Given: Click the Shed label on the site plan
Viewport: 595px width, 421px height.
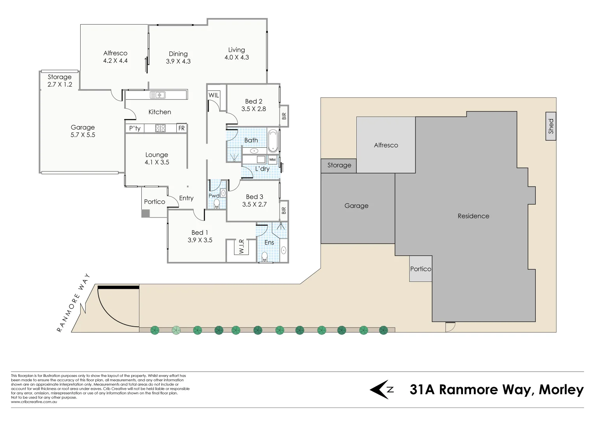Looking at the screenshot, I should [x=551, y=126].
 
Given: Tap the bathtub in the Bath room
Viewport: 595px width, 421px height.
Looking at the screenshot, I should [x=273, y=140].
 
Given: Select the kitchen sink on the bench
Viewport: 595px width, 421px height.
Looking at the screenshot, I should [x=158, y=95].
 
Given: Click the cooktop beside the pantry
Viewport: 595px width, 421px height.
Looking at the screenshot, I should [x=160, y=128].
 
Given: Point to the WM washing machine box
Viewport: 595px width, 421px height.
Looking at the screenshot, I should [x=272, y=160].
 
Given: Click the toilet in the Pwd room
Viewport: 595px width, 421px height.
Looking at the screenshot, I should [x=217, y=203].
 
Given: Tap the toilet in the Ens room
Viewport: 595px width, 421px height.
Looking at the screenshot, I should [x=265, y=256].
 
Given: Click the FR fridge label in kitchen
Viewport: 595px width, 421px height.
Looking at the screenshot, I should [x=181, y=128].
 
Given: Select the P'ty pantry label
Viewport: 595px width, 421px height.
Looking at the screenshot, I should [x=135, y=128].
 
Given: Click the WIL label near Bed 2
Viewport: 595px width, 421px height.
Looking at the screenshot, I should [x=214, y=95].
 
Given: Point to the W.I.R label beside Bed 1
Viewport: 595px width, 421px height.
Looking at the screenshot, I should [x=241, y=246].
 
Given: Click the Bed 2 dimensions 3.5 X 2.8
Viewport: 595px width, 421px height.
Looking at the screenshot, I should [x=253, y=109].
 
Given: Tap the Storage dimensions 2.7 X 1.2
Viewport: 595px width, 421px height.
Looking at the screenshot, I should [x=60, y=85].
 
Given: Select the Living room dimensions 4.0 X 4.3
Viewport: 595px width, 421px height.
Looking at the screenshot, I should [x=236, y=57].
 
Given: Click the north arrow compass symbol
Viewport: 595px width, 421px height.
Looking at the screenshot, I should [x=381, y=389].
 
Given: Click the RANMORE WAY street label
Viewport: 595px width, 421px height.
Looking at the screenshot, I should [x=74, y=303].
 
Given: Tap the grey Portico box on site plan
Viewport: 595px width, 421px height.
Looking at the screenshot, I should [x=421, y=269].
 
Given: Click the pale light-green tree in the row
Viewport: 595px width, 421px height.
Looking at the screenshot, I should [x=176, y=331].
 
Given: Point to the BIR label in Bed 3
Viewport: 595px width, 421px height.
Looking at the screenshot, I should [x=284, y=210].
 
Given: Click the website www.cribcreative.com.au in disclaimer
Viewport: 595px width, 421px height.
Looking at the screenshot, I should [x=34, y=402].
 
